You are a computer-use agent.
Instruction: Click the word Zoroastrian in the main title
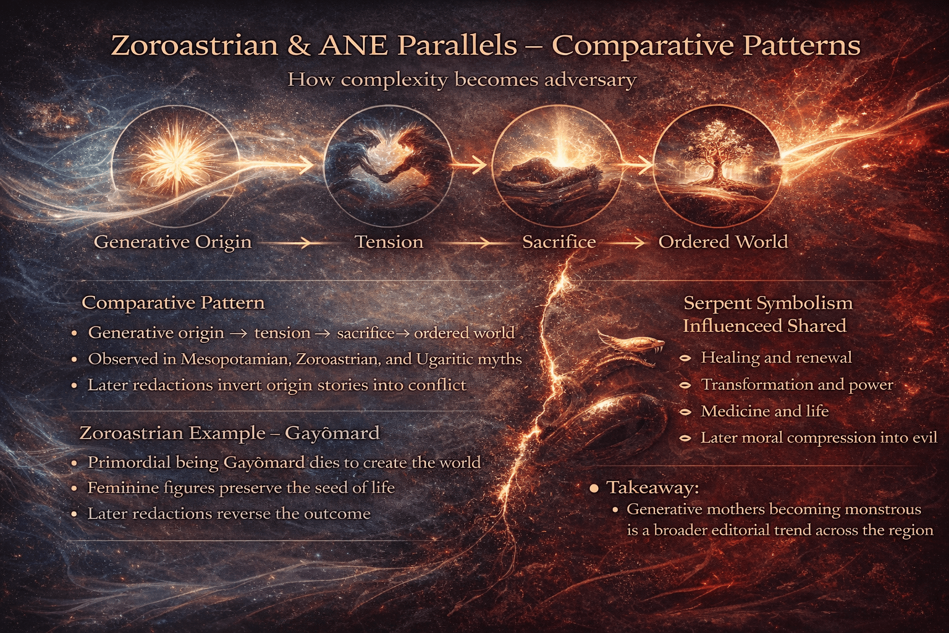click(195, 45)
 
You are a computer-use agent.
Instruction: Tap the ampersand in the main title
click(298, 46)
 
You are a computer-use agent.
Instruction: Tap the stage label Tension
click(389, 242)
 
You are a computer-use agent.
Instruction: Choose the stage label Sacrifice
click(559, 242)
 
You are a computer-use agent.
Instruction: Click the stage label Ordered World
click(723, 242)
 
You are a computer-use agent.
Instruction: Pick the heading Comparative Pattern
click(173, 303)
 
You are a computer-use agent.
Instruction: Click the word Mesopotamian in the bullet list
click(235, 360)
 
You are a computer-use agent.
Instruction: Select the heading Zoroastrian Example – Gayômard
click(229, 433)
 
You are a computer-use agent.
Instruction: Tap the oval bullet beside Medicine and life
click(685, 412)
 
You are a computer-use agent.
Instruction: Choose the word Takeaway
click(653, 488)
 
